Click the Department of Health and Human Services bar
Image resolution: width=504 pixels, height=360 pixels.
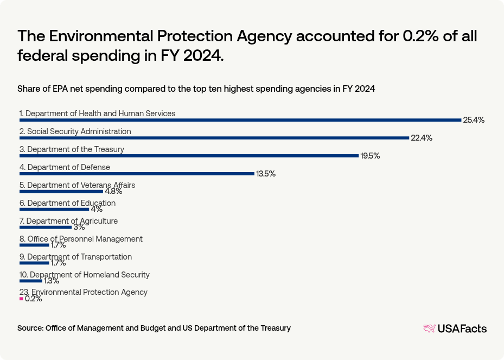(x=240, y=120)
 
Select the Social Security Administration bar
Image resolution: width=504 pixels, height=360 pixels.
(x=214, y=138)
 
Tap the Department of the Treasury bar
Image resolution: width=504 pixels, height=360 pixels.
(x=189, y=156)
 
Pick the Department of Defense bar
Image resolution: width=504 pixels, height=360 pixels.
(x=137, y=174)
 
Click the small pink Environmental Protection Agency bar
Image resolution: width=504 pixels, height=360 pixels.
(x=21, y=299)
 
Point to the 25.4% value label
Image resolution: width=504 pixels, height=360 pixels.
(x=473, y=120)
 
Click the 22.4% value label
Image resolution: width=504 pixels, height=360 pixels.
(x=422, y=138)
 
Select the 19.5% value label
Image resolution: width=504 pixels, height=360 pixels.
(x=370, y=156)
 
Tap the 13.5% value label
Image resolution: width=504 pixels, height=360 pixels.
(x=266, y=174)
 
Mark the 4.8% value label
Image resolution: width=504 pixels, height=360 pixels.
(x=113, y=191)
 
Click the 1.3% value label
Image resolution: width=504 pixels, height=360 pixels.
(x=51, y=281)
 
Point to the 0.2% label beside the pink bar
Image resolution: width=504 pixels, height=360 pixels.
(x=34, y=299)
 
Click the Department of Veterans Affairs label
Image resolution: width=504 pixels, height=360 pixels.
(x=77, y=185)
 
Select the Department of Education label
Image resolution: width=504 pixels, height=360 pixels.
(x=67, y=203)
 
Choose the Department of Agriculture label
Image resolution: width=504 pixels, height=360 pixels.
(x=68, y=221)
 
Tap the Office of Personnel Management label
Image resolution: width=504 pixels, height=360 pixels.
(x=81, y=239)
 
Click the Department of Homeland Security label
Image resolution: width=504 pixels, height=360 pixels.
(x=84, y=275)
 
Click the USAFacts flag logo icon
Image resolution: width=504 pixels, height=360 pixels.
(x=429, y=328)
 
